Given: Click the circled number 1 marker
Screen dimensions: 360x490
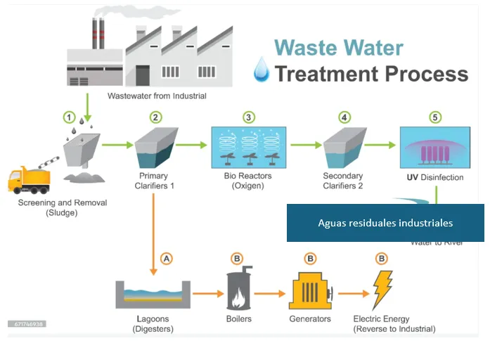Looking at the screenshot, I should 68,117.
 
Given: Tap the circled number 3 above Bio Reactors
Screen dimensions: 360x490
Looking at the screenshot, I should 247,117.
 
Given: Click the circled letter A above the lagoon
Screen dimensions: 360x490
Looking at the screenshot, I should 167,258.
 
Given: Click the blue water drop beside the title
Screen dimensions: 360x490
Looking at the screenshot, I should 261,70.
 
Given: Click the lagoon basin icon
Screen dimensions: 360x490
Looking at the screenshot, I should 153,294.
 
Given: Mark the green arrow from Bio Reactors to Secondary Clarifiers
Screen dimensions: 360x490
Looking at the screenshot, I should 303,146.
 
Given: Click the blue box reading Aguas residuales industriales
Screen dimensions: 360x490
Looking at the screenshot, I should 385,223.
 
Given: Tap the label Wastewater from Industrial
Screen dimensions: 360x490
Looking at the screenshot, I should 157,96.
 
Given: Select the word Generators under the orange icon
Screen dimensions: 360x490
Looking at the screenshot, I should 310,319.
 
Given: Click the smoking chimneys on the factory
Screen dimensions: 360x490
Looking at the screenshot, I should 98,32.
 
